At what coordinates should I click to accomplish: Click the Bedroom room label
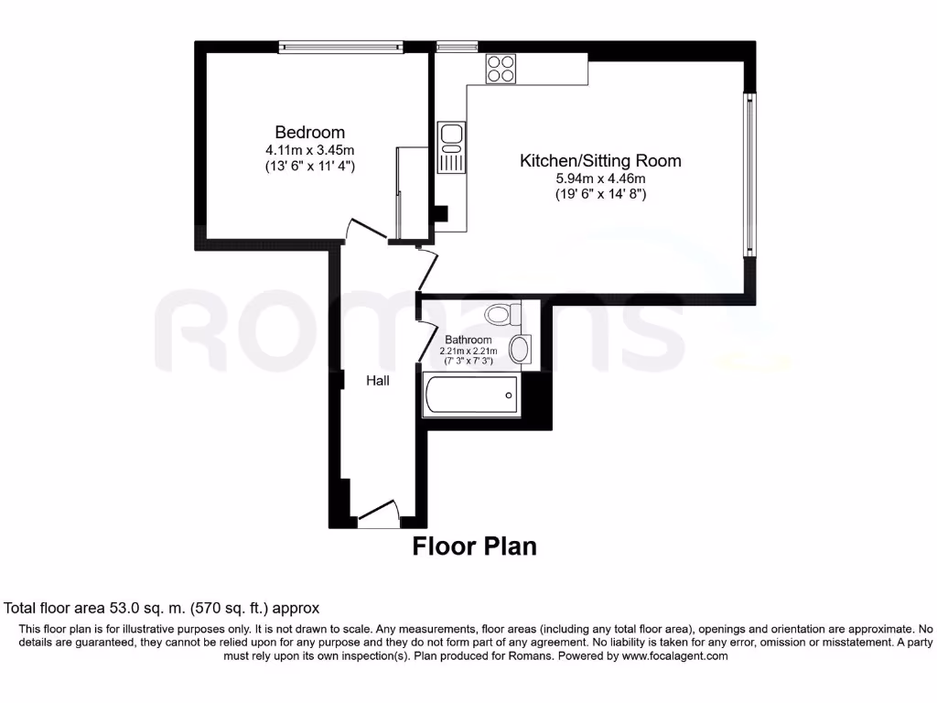(x=310, y=132)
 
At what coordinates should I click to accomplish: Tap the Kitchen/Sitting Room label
(x=600, y=161)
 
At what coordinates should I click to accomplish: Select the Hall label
(x=378, y=380)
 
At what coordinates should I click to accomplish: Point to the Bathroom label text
(x=468, y=340)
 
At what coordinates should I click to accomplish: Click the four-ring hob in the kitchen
(x=501, y=70)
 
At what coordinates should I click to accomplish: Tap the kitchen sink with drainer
(x=452, y=147)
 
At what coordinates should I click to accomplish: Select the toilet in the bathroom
(x=502, y=315)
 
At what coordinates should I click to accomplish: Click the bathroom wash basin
(x=520, y=350)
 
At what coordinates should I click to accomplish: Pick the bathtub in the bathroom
(x=471, y=395)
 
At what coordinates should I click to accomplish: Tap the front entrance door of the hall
(x=378, y=514)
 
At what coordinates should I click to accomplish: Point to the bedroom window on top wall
(x=340, y=47)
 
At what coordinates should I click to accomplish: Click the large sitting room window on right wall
(x=749, y=175)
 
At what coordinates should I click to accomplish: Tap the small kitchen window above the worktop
(x=457, y=47)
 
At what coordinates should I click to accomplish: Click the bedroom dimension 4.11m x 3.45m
(x=310, y=149)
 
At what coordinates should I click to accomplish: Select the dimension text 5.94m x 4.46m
(x=600, y=178)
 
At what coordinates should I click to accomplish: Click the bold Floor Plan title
(x=474, y=546)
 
